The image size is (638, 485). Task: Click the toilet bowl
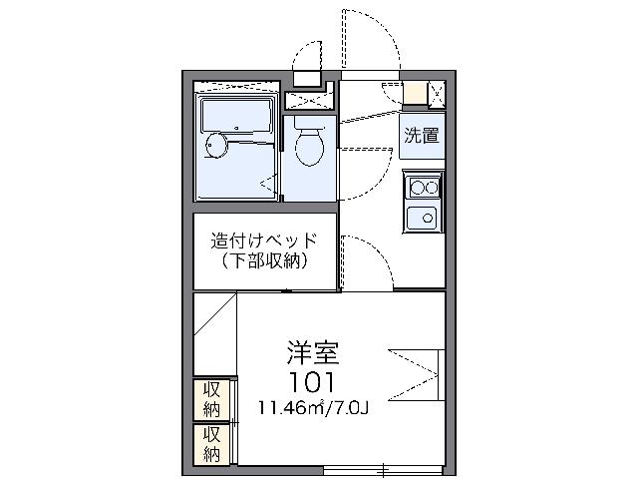click(x=310, y=147)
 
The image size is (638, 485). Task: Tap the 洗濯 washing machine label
click(x=422, y=136)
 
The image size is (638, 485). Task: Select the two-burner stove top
click(x=422, y=186)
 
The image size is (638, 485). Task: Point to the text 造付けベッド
click(x=264, y=242)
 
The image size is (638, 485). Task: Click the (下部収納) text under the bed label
click(x=264, y=262)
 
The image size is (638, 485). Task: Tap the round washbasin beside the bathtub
click(x=215, y=147)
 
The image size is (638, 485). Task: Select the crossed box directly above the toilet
click(x=308, y=100)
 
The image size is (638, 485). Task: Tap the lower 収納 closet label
click(x=212, y=444)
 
